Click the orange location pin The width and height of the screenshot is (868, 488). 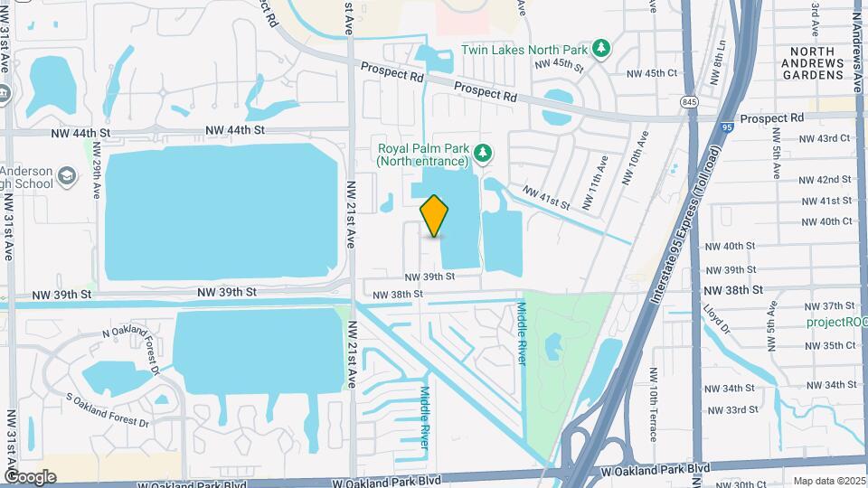[x=435, y=216]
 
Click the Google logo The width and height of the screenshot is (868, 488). [x=30, y=476]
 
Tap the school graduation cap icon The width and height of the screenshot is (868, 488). [x=66, y=174]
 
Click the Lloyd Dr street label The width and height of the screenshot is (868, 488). [x=719, y=319]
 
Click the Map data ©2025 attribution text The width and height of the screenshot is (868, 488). [x=827, y=481]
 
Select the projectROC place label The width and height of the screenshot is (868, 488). [x=836, y=322]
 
